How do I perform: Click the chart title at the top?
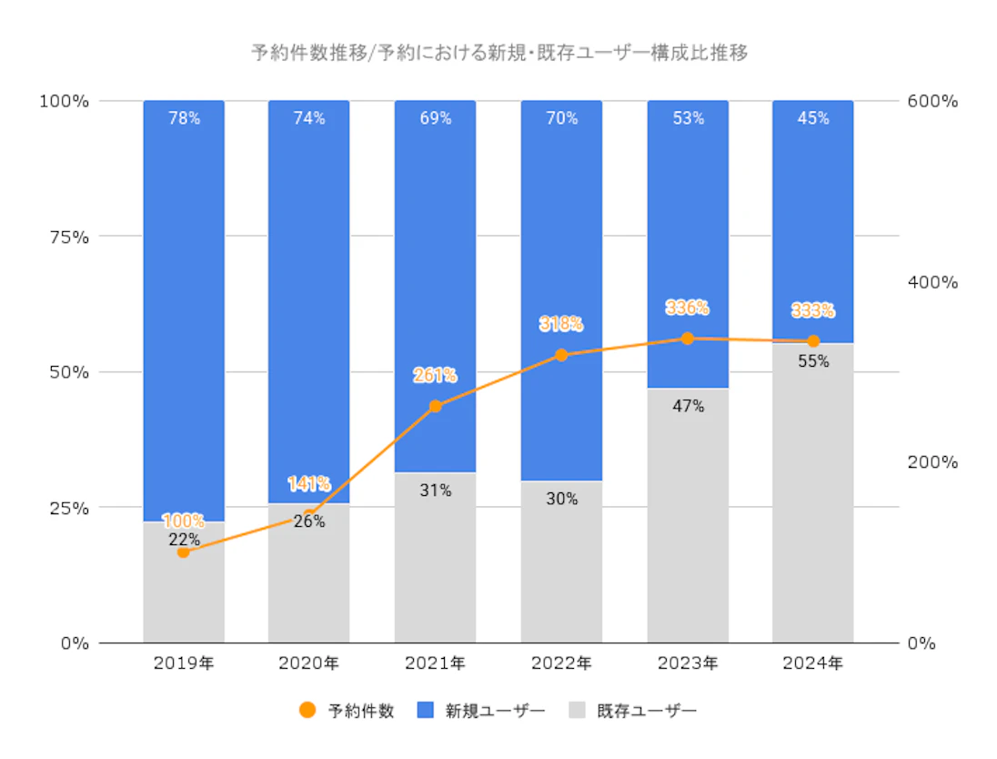pos(498,54)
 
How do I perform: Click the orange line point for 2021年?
pos(435,406)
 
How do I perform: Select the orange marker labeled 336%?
pos(688,339)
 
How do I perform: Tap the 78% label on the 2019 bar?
pos(183,118)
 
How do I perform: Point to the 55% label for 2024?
pos(812,360)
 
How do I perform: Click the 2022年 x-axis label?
pos(561,663)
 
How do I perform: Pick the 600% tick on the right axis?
pos(932,101)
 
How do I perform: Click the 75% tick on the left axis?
pos(69,237)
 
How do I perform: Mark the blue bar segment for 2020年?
pos(308,300)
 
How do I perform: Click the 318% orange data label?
pos(561,324)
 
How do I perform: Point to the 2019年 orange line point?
pos(183,552)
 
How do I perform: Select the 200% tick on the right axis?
pos(932,462)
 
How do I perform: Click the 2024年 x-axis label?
pos(812,663)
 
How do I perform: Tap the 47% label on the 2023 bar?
pos(688,406)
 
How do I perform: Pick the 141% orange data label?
pos(308,483)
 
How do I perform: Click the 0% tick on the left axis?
pos(74,643)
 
